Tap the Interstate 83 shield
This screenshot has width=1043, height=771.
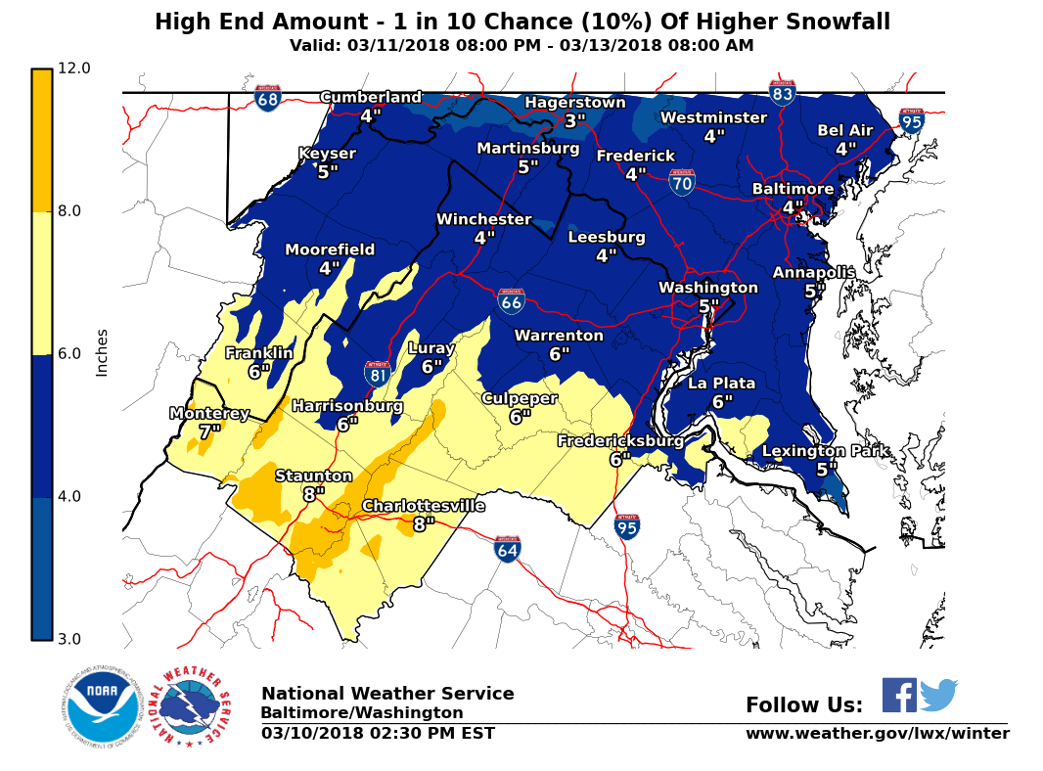pos(782,92)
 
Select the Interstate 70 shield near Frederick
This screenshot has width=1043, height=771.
pos(682,181)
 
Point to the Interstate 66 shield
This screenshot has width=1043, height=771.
pos(511,301)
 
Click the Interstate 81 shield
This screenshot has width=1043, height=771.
pos(378,373)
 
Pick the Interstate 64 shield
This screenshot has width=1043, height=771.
pos(507,549)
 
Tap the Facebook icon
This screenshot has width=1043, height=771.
pos(899,695)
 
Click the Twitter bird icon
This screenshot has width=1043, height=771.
pos(938,695)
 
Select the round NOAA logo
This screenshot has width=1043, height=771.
pos(102,705)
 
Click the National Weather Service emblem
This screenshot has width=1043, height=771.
pos(194,707)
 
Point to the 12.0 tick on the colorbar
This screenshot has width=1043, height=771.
pos(73,68)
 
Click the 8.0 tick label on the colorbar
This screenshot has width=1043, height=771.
pos(73,211)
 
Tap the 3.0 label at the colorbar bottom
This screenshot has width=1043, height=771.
pos(73,640)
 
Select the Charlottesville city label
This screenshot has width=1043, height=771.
pos(424,506)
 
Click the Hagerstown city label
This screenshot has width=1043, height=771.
pos(574,103)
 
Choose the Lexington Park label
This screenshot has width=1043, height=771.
pos(826,451)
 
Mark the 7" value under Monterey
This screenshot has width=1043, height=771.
pos(209,431)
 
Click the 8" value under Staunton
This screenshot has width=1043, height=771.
pos(313,494)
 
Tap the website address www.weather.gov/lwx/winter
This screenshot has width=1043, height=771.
pos(877,734)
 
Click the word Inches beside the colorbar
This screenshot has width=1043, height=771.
pos(102,352)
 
